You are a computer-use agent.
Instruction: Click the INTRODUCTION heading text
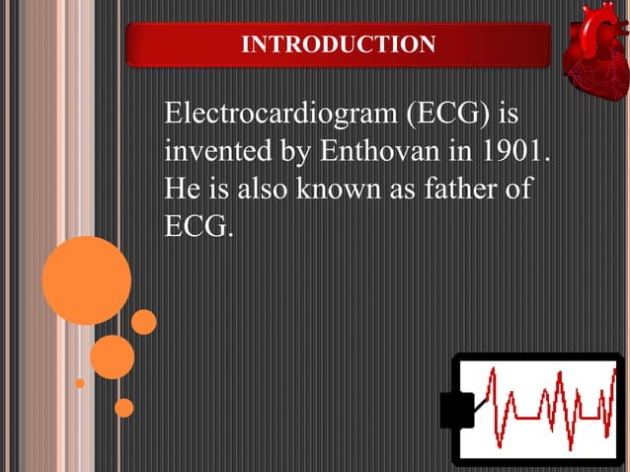coord(338,45)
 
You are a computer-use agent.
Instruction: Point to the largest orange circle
coord(86,280)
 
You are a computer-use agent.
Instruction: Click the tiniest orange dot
coord(80,383)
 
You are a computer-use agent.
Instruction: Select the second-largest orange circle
coord(112,356)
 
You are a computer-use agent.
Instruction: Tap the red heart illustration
coord(595,53)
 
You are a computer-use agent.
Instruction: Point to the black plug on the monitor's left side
coord(456,409)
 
